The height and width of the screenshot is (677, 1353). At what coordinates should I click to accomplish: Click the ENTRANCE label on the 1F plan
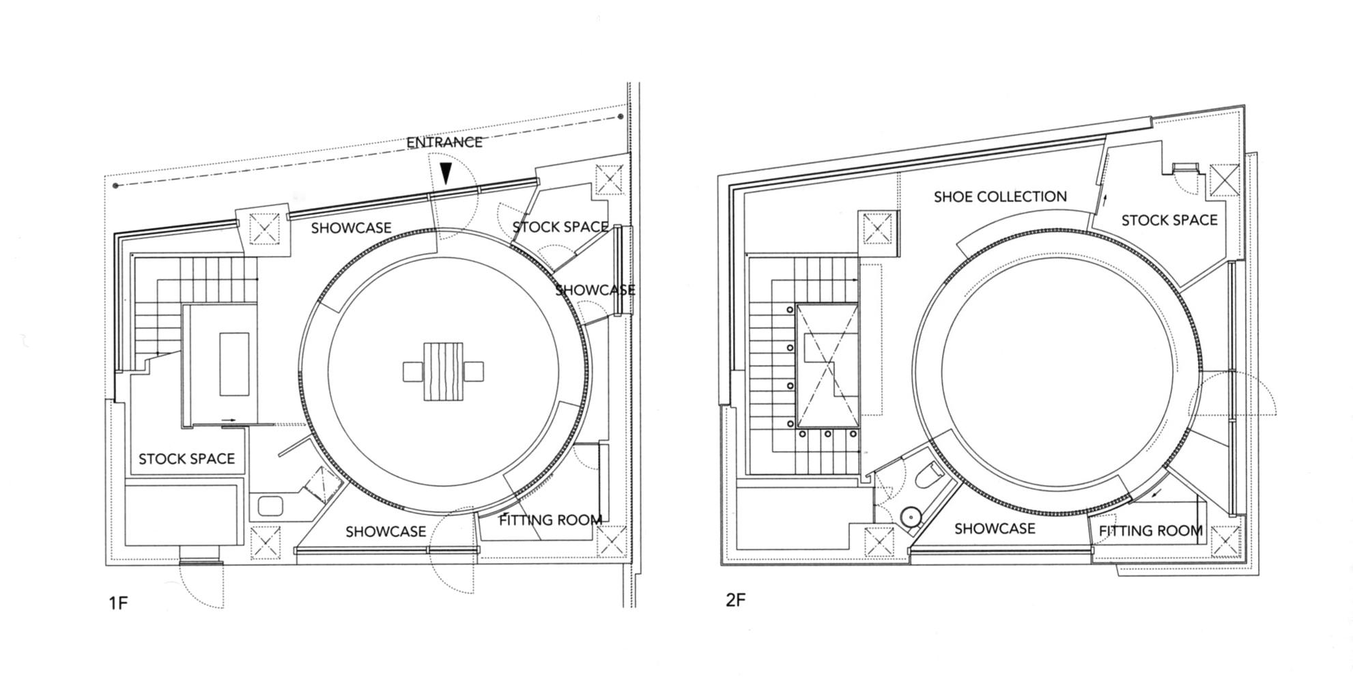444,142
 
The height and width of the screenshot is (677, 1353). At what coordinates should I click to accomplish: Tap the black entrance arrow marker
446,173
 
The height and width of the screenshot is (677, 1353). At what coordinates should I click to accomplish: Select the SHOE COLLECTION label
1000,197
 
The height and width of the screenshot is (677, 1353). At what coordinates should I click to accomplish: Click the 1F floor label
118,603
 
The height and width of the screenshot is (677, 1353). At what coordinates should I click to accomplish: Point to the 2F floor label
735,600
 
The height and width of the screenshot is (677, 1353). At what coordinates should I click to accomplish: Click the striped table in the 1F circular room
443,372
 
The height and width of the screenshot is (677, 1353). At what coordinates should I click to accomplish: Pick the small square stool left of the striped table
413,372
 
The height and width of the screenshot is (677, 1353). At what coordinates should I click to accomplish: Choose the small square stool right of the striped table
474,372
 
